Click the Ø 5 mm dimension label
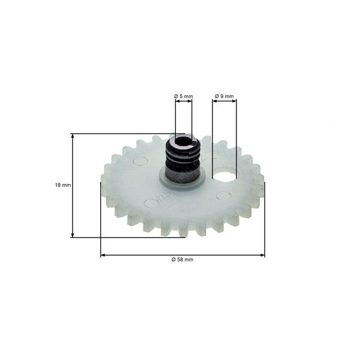(x=184, y=96)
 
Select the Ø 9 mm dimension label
(x=224, y=96)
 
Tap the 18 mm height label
(x=62, y=185)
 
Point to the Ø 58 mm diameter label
(x=182, y=259)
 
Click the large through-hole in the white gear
(x=226, y=175)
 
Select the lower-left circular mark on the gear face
(x=150, y=202)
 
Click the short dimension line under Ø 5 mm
(x=184, y=101)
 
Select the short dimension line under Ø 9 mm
(x=224, y=101)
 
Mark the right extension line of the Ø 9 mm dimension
(x=238, y=132)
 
